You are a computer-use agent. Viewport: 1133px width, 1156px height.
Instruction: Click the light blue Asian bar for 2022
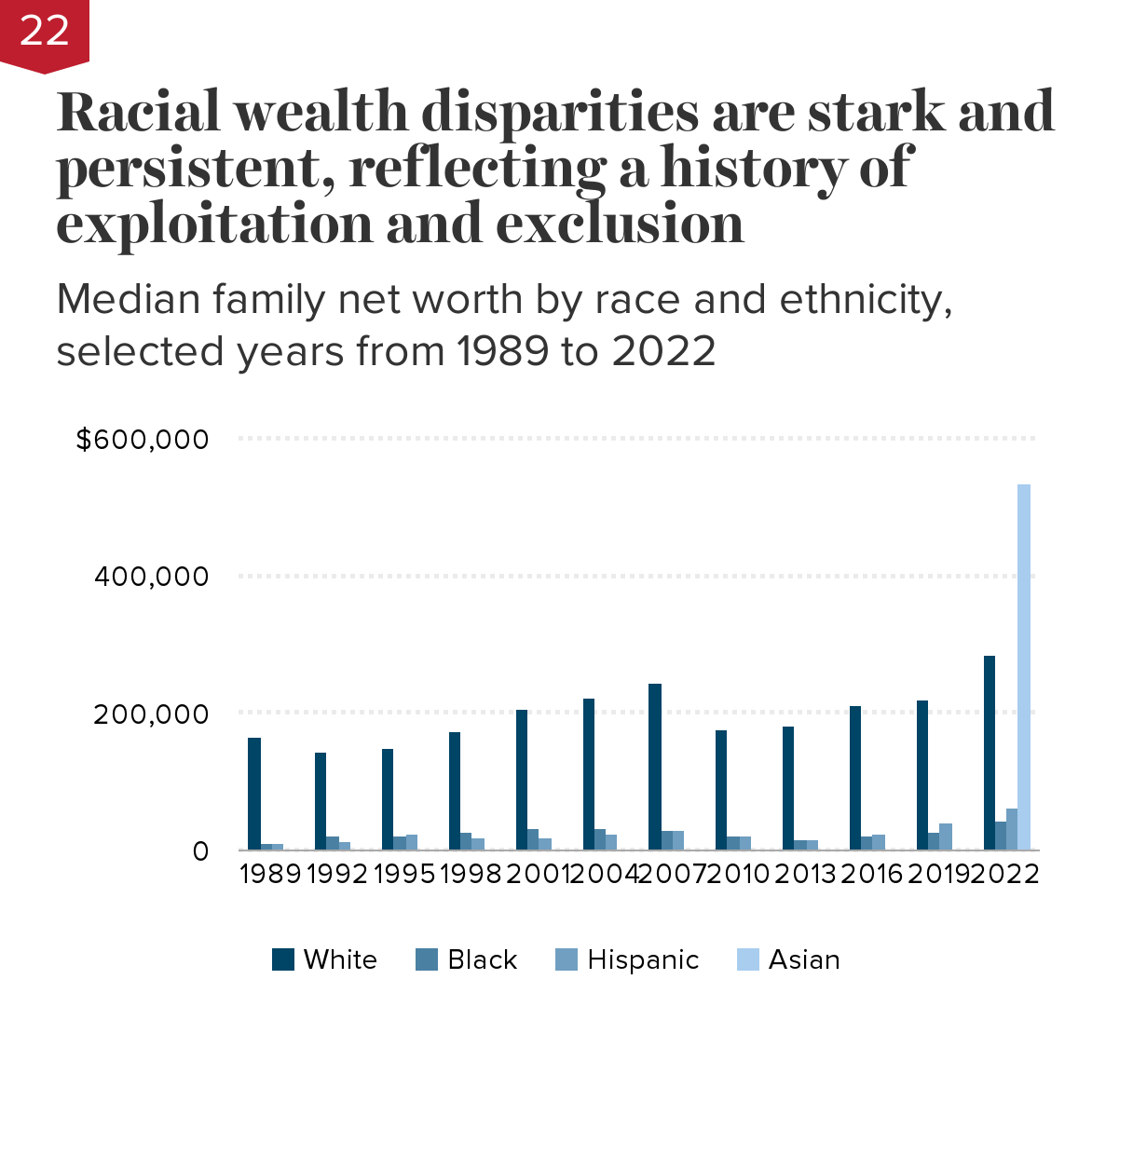1024,667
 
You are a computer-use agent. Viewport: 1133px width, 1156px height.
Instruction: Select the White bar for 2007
655,767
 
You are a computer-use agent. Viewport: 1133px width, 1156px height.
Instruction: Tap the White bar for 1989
254,794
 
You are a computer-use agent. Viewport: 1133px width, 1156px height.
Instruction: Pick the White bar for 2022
990,753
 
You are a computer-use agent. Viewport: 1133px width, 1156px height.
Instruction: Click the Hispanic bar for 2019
946,836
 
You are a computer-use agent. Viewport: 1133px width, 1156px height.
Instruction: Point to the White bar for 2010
721,790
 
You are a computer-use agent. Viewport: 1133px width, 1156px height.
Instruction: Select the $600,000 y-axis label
143,439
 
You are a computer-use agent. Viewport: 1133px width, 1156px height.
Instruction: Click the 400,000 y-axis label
152,577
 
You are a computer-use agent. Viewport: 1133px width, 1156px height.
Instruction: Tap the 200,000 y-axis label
152,714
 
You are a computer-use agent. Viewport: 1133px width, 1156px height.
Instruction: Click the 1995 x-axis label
404,874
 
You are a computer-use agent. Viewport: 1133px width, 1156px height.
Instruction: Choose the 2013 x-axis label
805,874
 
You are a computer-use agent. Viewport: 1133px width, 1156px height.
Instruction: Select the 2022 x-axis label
1006,874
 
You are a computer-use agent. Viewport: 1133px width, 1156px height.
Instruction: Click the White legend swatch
283,959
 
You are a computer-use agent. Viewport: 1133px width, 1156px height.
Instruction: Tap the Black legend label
482,959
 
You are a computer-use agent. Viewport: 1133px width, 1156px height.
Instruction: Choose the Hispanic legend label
643,959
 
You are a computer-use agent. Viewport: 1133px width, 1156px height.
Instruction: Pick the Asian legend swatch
748,959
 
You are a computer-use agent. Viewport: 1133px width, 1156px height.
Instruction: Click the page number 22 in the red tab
44,31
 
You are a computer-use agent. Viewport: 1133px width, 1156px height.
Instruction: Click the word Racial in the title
140,112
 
